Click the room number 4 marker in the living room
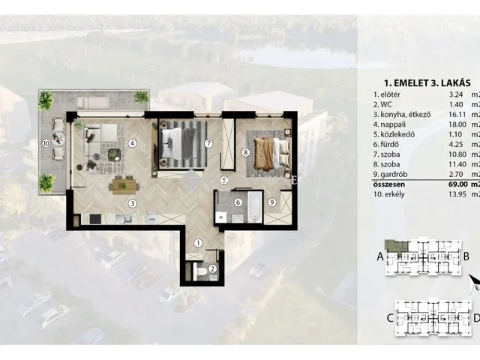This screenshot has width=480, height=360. click(132, 143)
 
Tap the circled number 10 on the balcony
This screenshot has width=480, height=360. click(46, 143)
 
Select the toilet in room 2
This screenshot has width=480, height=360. click(202, 271)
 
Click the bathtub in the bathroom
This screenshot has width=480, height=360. click(255, 208)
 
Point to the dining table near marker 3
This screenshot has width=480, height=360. click(124, 186)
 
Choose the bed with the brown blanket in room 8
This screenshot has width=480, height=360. click(271, 154)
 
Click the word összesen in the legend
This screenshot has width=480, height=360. click(389, 184)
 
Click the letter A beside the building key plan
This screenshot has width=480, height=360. click(380, 256)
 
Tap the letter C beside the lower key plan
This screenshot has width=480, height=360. click(390, 318)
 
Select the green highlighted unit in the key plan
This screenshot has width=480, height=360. click(396, 246)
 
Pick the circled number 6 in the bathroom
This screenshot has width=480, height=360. click(238, 202)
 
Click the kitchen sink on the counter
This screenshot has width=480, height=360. click(124, 218)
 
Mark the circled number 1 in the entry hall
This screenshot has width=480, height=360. click(198, 243)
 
